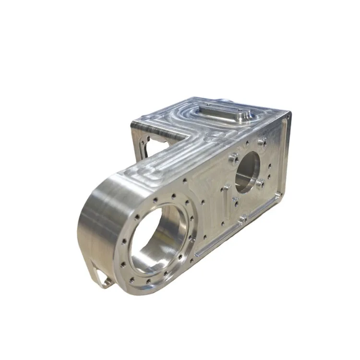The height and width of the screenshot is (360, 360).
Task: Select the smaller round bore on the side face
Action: tap(247, 171)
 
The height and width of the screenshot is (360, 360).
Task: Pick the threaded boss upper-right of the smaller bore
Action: tap(262, 142)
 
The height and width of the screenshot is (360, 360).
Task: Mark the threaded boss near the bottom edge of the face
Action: tap(243, 219)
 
